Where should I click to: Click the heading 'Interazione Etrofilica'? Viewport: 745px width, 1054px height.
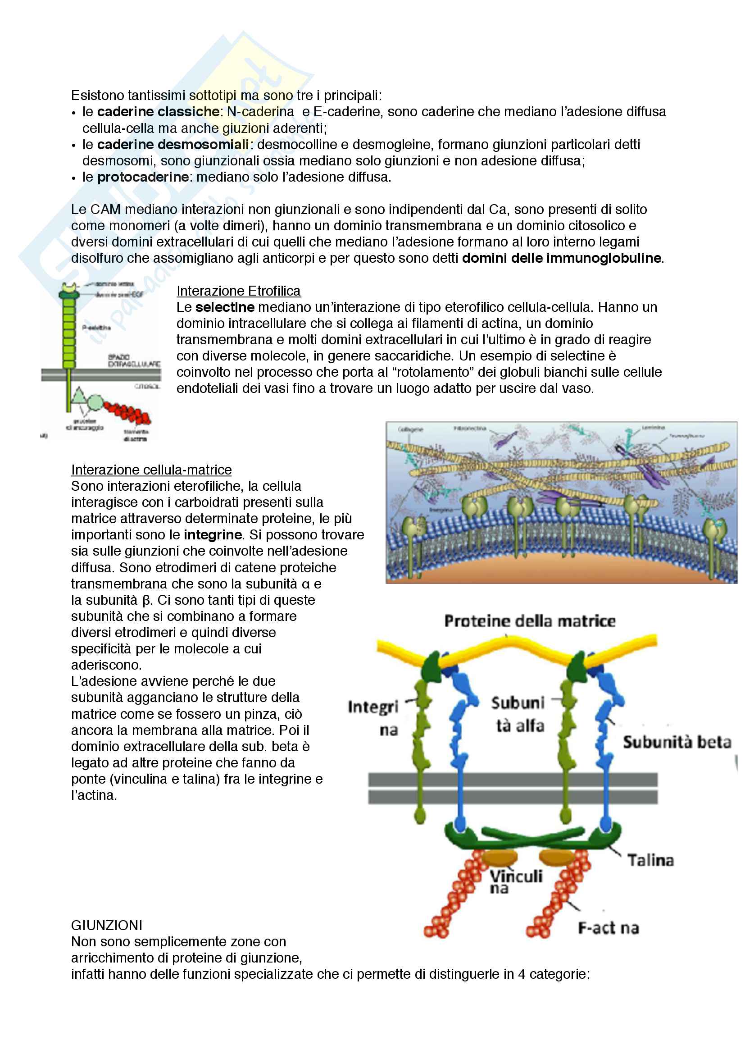coord(238,291)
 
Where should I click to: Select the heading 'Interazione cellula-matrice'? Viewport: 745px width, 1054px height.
coord(151,470)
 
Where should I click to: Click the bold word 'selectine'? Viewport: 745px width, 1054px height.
coord(225,307)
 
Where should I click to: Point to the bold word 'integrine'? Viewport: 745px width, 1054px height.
coord(213,535)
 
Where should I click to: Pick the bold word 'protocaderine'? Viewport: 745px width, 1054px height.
coord(143,177)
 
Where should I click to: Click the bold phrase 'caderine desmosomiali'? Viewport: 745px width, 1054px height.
coord(173,145)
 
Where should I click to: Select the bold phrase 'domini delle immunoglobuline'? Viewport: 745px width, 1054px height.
coord(562,258)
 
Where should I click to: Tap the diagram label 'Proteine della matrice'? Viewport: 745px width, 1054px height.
coord(529,621)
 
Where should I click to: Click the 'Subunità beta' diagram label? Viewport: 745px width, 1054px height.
coord(677,742)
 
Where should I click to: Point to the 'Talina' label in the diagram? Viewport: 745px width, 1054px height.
coord(650,860)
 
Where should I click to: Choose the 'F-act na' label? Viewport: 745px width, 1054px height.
coord(608,928)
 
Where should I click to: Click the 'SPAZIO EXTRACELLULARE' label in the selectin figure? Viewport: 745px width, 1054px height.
coord(133,360)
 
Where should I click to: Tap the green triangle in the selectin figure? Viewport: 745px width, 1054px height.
coord(79,396)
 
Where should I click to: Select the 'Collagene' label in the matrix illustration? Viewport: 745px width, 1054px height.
coord(410,429)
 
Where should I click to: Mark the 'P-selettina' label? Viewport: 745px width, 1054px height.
coord(96,328)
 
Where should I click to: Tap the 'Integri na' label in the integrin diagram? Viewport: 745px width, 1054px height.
coord(372,718)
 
